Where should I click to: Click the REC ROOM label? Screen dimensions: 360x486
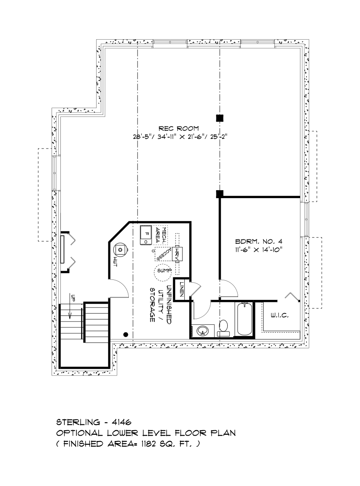[178, 128]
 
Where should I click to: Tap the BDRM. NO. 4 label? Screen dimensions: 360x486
[259, 242]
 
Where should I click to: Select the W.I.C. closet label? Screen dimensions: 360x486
[280, 316]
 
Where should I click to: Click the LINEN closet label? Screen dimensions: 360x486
[182, 289]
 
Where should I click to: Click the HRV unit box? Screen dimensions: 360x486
[177, 254]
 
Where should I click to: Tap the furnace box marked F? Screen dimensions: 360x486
[146, 235]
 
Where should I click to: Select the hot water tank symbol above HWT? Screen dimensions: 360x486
[120, 249]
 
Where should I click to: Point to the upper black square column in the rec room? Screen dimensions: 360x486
[220, 118]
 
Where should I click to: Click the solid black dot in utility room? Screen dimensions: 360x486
[126, 334]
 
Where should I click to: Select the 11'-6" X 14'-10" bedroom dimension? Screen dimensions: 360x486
[259, 249]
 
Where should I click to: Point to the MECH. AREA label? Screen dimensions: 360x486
[160, 235]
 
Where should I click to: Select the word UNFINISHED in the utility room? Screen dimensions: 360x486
[169, 305]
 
